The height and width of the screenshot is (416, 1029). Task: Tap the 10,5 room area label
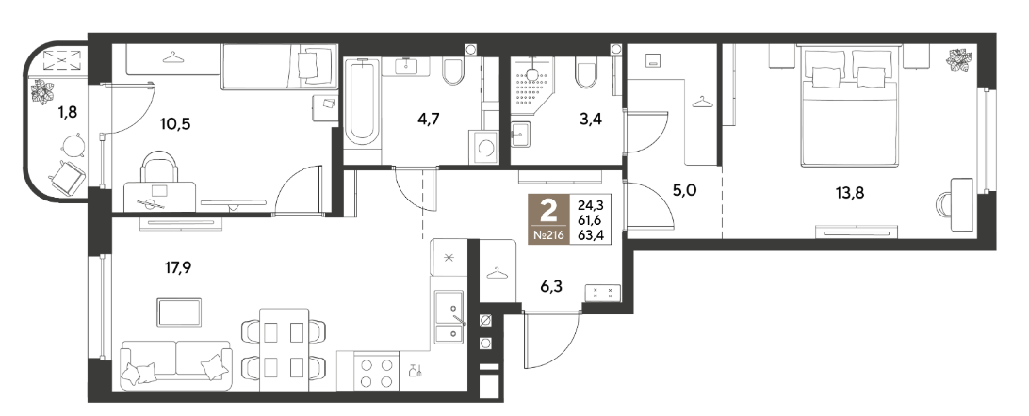pyautogui.click(x=174, y=123)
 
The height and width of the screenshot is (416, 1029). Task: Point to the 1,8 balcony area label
pyautogui.click(x=68, y=112)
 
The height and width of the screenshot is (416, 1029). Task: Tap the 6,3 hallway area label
pyautogui.click(x=551, y=285)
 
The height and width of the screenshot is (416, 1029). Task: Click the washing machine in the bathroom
pyautogui.click(x=483, y=148)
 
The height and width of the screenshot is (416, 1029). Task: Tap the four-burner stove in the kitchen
pyautogui.click(x=377, y=374)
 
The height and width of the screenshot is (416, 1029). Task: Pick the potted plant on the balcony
pyautogui.click(x=43, y=91)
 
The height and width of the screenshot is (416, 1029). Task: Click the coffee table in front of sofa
pyautogui.click(x=179, y=312)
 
